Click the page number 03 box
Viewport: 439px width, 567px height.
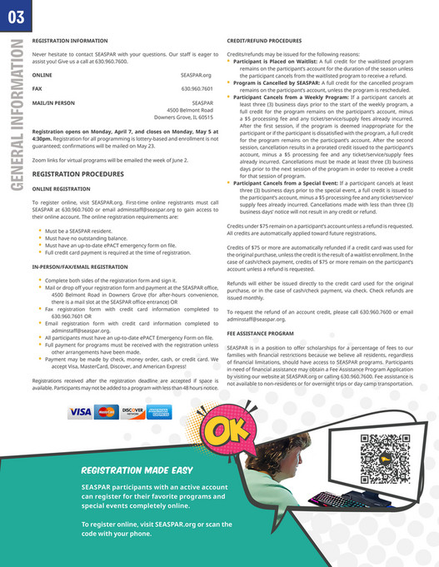[x=13, y=15]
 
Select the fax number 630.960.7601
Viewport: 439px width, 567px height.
[x=197, y=87]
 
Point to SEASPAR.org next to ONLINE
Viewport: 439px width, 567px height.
[x=197, y=74]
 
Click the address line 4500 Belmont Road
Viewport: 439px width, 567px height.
[x=190, y=109]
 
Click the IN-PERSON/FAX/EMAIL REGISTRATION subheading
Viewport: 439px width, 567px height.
[x=79, y=266]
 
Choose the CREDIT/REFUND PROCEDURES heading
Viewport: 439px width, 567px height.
[x=266, y=40]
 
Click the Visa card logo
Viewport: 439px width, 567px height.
[x=80, y=411]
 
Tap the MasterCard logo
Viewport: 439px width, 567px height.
[x=107, y=411]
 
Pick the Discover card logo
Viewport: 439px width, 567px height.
[x=132, y=411]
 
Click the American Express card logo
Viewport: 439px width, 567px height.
[x=158, y=411]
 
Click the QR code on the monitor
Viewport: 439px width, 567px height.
[x=379, y=454]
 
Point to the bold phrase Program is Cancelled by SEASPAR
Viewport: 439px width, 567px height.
[x=277, y=82]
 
